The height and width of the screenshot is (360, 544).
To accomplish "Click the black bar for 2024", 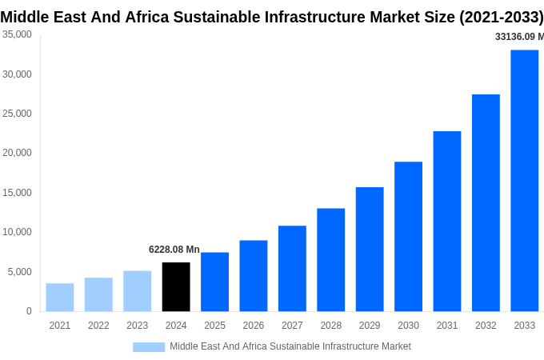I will coord(176,286).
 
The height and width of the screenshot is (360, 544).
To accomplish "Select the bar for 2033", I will coord(524,180).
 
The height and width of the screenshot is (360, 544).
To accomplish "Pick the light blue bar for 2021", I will coord(60,297).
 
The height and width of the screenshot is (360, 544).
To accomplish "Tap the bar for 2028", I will coord(330,259).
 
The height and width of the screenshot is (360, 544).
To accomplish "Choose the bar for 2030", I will coord(408,236).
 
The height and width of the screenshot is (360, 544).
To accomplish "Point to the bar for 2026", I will coord(254,275).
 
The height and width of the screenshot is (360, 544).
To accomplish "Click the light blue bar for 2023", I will coord(137,290).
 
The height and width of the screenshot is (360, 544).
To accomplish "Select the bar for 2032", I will coord(486,202).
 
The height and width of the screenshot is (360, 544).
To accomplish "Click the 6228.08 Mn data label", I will coord(174,250).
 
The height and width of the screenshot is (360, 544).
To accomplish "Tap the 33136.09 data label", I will coord(518,37).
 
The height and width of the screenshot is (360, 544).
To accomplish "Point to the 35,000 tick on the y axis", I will coord(17,34).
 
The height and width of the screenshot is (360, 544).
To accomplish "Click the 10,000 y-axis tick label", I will coord(17,232).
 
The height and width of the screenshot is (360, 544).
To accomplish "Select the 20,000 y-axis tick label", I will coord(17,153).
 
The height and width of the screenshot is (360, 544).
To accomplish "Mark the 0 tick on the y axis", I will coord(29,311).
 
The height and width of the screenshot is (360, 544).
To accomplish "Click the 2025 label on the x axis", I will coord(214,326).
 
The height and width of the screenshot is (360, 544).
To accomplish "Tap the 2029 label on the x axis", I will coord(370,326).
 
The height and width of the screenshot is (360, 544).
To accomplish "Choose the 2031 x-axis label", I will coord(447,326).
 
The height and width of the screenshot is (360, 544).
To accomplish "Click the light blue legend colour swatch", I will coord(149,347).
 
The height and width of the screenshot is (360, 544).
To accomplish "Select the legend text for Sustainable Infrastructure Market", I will coord(290,346).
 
